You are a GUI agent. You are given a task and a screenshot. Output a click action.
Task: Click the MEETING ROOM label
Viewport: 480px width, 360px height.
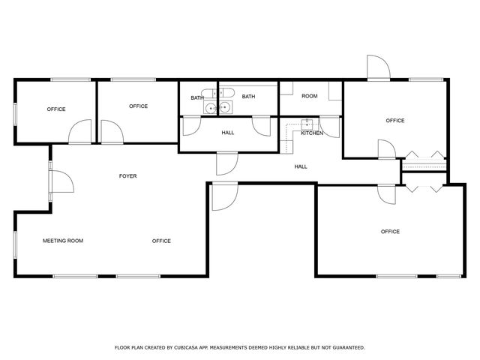[x=62, y=241]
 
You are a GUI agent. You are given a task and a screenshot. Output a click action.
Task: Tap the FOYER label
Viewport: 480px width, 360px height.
[x=127, y=176]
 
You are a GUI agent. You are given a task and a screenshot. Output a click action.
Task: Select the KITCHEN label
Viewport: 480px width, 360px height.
[x=312, y=133]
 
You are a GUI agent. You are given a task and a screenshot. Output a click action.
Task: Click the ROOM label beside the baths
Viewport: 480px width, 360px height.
[x=310, y=96]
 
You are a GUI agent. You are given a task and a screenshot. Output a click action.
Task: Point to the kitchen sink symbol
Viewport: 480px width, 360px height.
[x=306, y=124]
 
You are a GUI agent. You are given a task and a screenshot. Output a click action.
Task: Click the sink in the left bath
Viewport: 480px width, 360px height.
[x=211, y=109]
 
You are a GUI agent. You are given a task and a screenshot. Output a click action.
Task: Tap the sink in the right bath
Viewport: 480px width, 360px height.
[x=225, y=109]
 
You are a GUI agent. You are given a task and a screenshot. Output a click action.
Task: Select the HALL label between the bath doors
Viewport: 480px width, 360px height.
[x=228, y=133]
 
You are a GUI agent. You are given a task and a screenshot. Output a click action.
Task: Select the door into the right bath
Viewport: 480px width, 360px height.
[x=261, y=126]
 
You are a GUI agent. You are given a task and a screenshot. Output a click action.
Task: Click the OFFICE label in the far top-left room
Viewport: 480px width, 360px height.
[x=56, y=109]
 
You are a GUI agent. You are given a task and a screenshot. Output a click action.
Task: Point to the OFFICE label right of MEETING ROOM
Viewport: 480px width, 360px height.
[x=161, y=241]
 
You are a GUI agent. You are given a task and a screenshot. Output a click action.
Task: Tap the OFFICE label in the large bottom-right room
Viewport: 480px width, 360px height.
[x=390, y=232]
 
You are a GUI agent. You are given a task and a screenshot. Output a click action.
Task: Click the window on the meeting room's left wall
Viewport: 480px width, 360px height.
[x=15, y=245]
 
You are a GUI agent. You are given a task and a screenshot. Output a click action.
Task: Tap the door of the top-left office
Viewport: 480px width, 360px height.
[x=79, y=133]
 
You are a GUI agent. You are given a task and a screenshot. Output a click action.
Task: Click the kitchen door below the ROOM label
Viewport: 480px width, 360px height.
[x=328, y=126]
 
